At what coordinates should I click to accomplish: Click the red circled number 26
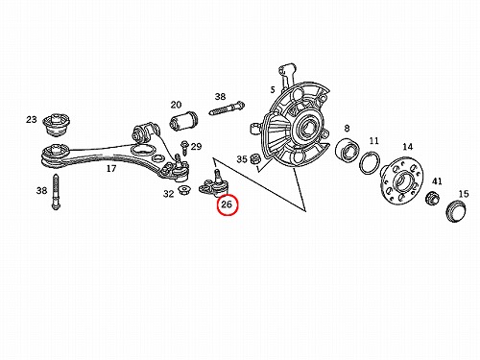click(x=227, y=204)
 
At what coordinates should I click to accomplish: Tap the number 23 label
click(x=32, y=120)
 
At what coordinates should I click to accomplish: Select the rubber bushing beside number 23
click(x=57, y=125)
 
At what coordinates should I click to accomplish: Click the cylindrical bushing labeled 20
click(x=183, y=121)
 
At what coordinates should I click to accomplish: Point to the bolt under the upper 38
click(x=227, y=108)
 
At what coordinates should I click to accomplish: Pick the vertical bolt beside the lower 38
click(x=56, y=192)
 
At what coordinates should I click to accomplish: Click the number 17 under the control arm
click(x=111, y=168)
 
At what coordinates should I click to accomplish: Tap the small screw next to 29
click(x=184, y=148)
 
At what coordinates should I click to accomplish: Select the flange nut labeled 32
click(x=184, y=190)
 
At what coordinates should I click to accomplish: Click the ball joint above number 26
click(x=214, y=184)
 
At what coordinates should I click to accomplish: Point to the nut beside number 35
click(x=255, y=158)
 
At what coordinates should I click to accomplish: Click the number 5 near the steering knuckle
click(x=273, y=90)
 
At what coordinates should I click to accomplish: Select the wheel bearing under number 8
click(x=348, y=150)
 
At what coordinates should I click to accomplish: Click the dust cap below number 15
click(x=456, y=211)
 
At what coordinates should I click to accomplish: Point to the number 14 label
click(x=407, y=147)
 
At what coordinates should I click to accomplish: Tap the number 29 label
click(x=196, y=147)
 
